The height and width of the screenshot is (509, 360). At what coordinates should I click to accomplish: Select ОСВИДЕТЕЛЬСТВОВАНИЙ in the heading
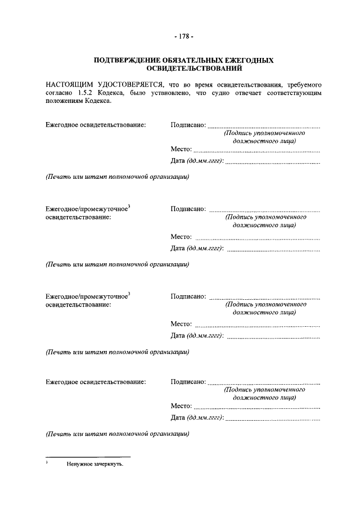tap(180, 69)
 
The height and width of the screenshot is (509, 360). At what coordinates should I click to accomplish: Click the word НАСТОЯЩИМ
tap(69, 84)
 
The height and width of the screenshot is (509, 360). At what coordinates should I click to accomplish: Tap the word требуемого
tap(299, 84)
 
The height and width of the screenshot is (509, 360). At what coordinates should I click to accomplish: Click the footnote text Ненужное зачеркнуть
tap(94, 465)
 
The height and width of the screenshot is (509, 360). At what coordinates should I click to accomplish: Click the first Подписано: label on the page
tap(188, 124)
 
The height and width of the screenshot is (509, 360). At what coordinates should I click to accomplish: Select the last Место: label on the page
tap(181, 406)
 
